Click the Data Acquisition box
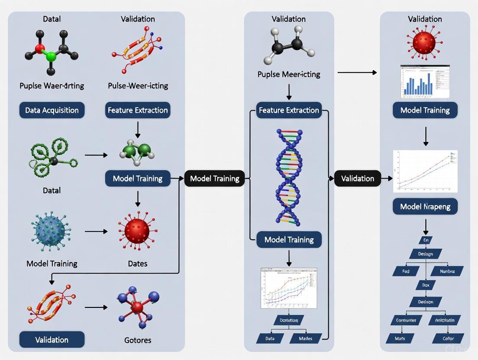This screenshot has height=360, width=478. [52, 110]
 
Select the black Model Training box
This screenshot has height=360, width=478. [214, 178]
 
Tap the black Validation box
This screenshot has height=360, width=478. [357, 178]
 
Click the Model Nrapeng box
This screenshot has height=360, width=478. [425, 206]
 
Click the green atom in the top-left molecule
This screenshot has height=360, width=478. [51, 56]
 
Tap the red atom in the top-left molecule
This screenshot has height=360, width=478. [40, 48]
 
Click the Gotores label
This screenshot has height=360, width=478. [137, 340]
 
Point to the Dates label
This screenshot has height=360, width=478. [137, 263]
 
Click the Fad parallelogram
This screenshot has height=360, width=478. [406, 271]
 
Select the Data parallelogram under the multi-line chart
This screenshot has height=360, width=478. [269, 338]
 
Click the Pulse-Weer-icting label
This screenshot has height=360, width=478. [138, 86]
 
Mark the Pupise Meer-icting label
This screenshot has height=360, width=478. [289, 74]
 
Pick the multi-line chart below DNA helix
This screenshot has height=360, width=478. [288, 288]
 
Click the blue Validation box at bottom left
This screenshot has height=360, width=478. [52, 340]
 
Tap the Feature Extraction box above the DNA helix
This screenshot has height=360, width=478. [289, 110]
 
